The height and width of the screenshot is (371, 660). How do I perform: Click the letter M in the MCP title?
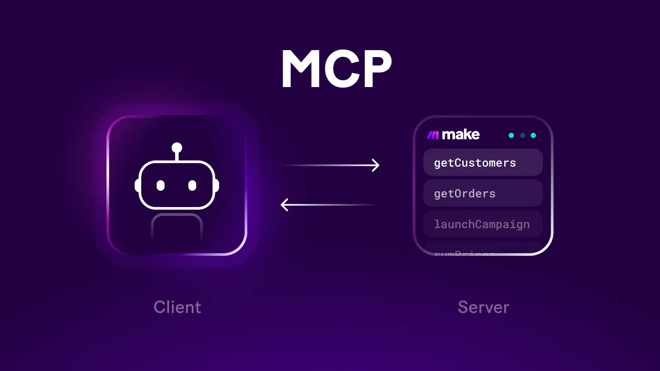(x=301, y=69)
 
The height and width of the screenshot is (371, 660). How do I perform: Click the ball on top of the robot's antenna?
(x=177, y=148)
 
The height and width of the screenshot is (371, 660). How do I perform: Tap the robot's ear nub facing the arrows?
(x=216, y=185)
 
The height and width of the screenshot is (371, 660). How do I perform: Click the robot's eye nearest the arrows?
(x=192, y=185)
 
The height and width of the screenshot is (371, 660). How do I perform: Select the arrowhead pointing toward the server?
(x=375, y=165)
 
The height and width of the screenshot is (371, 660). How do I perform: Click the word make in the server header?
(x=460, y=135)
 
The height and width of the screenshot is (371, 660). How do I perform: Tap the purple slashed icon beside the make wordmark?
(x=433, y=135)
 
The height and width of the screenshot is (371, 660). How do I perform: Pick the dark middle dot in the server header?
(x=522, y=135)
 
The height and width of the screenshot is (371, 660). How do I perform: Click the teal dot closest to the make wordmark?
(x=511, y=135)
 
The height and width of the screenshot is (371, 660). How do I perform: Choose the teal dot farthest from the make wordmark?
(x=533, y=135)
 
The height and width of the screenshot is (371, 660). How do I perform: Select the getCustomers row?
(x=483, y=163)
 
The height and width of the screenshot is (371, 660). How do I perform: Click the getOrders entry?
(x=483, y=193)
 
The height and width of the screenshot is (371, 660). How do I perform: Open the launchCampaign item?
(x=483, y=224)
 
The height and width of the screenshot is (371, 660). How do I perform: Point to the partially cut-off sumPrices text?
(x=464, y=252)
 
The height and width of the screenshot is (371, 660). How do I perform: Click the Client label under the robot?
(x=177, y=307)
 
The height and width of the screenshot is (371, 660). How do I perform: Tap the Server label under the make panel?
(x=483, y=307)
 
